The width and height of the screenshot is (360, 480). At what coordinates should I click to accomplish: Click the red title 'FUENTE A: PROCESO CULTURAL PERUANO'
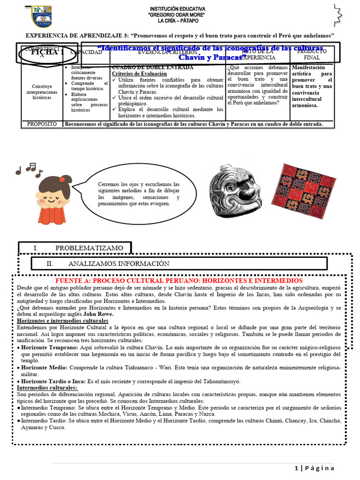point(179,280)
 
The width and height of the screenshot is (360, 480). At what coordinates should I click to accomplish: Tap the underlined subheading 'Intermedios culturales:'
point(47,388)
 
